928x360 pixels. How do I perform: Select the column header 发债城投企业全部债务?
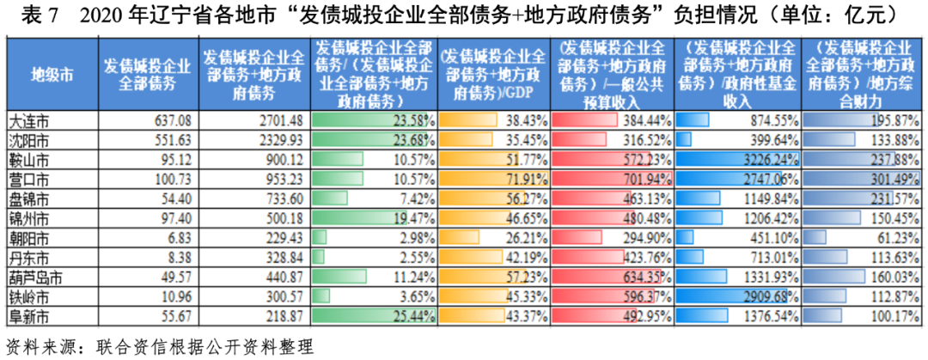[147, 74]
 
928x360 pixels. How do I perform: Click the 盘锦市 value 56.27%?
[524, 199]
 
